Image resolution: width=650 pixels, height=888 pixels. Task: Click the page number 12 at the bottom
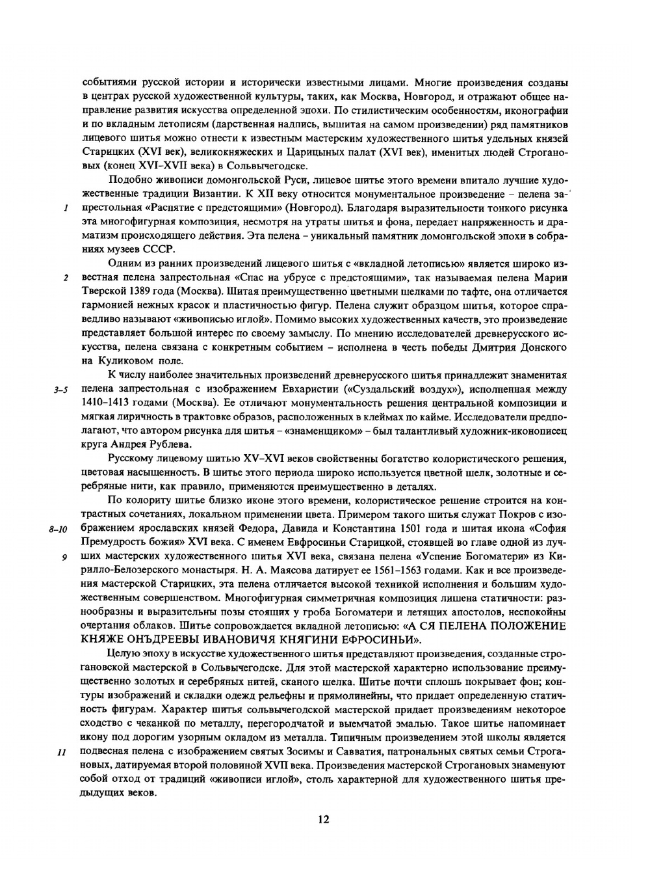click(x=324, y=819)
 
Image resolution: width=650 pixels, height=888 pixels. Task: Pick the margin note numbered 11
click(x=63, y=753)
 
